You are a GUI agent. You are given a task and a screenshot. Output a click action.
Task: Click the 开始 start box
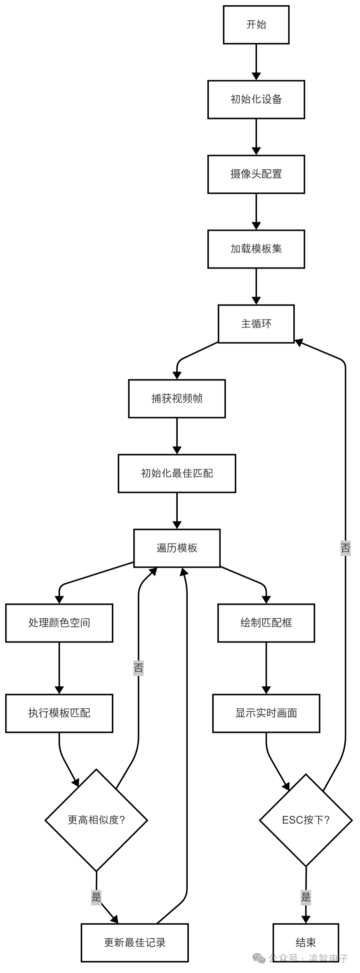pyautogui.click(x=256, y=25)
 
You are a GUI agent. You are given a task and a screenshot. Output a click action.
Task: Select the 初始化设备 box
pyautogui.click(x=256, y=99)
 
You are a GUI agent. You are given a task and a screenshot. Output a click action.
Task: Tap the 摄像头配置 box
pyautogui.click(x=256, y=174)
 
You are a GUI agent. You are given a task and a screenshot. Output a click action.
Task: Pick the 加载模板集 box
pyautogui.click(x=256, y=249)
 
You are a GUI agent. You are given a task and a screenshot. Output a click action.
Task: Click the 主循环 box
pyautogui.click(x=256, y=324)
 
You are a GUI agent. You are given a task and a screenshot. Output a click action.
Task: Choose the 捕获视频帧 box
pyautogui.click(x=177, y=399)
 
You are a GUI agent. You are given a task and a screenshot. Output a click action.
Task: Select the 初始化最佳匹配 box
pyautogui.click(x=177, y=473)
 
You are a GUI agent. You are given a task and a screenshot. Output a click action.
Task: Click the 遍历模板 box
pyautogui.click(x=177, y=548)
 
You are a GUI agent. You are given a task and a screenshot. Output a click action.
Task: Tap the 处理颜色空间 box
pyautogui.click(x=59, y=623)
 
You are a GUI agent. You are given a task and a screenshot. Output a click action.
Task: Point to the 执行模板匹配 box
pyautogui.click(x=59, y=713)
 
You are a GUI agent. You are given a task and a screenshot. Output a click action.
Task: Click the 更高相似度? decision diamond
pyautogui.click(x=96, y=820)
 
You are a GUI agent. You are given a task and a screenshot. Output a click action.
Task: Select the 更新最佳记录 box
pyautogui.click(x=134, y=942)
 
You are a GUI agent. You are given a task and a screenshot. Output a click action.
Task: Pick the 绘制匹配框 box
pyautogui.click(x=266, y=623)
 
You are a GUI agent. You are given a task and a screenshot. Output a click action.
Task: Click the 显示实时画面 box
pyautogui.click(x=266, y=713)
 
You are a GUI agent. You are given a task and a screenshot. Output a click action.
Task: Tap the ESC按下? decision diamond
pyautogui.click(x=306, y=820)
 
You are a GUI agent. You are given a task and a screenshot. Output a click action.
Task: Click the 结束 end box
pyautogui.click(x=306, y=942)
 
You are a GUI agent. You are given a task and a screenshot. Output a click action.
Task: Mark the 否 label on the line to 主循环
pyautogui.click(x=345, y=548)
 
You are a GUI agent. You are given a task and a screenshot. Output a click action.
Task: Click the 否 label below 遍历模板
pyautogui.click(x=138, y=668)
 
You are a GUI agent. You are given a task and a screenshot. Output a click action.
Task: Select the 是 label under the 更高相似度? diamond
pyautogui.click(x=96, y=897)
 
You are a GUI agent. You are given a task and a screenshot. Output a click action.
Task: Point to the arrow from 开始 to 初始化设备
pyautogui.click(x=256, y=62)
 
